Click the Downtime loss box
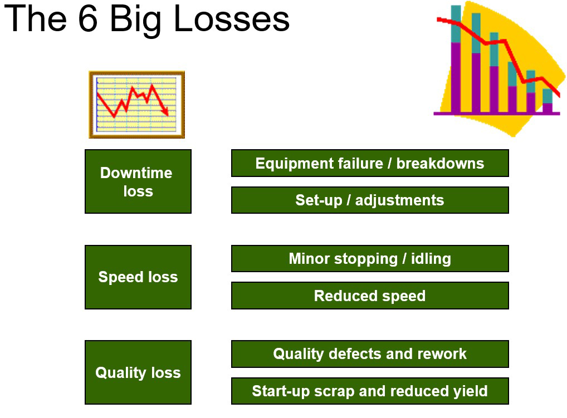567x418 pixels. [138, 181]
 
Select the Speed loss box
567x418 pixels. [138, 277]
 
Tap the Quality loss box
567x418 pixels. [138, 372]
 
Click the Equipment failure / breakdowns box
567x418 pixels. [370, 163]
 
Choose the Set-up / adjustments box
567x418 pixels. [370, 200]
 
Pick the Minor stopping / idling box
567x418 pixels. [370, 259]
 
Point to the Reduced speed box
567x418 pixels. [370, 296]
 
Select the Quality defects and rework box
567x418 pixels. [370, 354]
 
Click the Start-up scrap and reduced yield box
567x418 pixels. [370, 391]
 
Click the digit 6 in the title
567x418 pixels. [88, 18]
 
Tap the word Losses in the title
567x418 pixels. [232, 18]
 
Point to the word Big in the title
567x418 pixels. [135, 21]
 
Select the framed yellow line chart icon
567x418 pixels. [136, 105]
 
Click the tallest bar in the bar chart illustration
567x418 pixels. [456, 60]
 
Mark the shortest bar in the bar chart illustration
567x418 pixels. [548, 101]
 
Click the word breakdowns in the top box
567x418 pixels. [440, 163]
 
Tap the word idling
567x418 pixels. [431, 259]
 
